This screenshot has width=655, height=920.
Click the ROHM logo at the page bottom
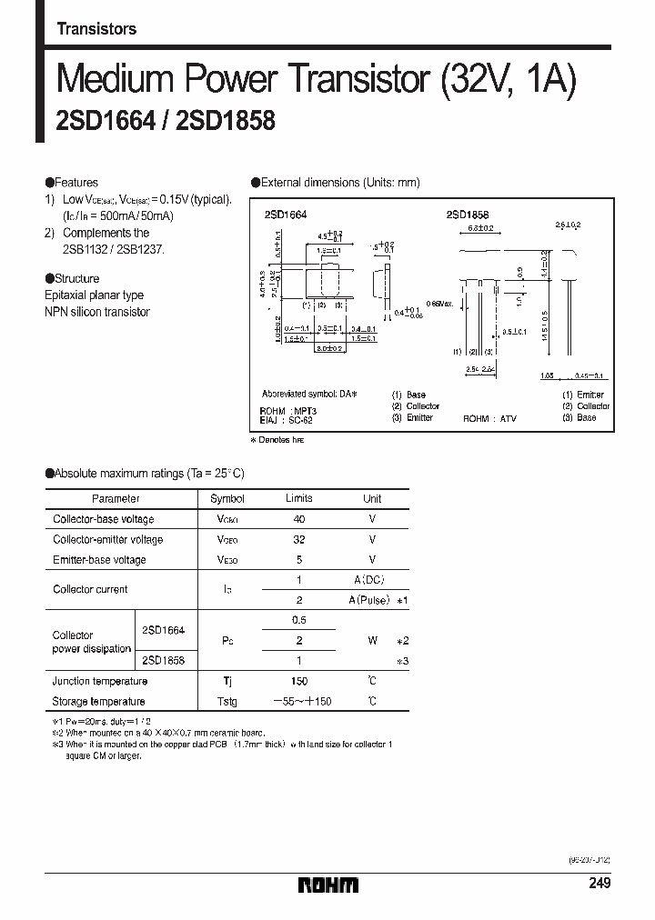tap(327, 885)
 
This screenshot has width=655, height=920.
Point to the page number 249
tap(599, 884)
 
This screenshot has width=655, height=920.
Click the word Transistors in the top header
tap(96, 28)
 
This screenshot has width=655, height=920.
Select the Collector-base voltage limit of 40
tap(299, 519)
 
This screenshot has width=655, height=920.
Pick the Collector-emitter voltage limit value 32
tap(299, 539)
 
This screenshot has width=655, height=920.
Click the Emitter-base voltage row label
tap(99, 560)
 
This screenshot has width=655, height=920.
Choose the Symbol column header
tap(227, 499)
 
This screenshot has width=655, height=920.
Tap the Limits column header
tap(299, 498)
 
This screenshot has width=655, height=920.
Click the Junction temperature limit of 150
tap(299, 681)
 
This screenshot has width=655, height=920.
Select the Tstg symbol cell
tap(227, 701)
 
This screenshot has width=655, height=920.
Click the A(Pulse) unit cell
tap(372, 600)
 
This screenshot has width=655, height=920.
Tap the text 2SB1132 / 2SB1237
tap(115, 249)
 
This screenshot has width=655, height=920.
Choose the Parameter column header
tap(116, 499)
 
